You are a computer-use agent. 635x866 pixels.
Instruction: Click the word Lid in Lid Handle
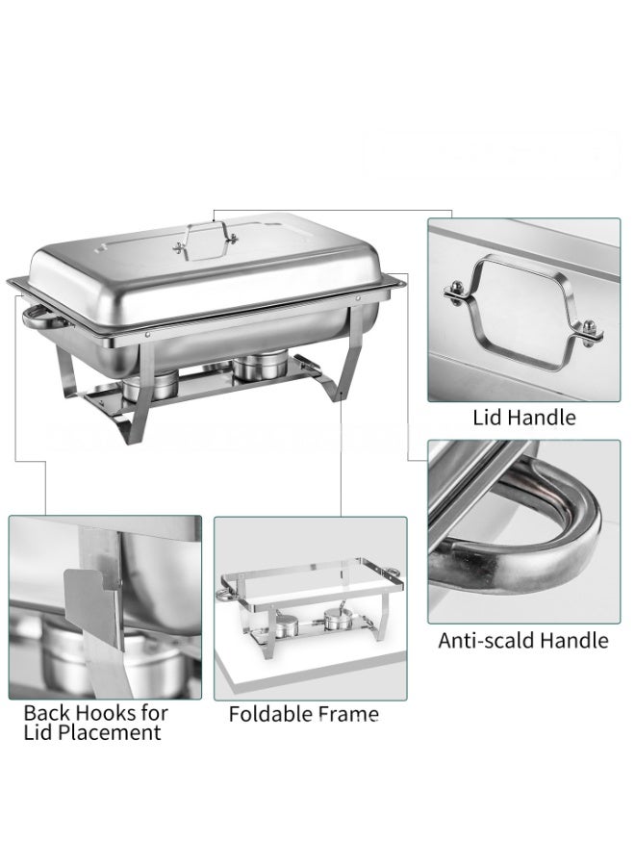click(484, 417)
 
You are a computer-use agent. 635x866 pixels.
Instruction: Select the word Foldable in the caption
click(267, 714)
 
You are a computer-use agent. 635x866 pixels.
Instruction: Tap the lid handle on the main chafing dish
click(205, 241)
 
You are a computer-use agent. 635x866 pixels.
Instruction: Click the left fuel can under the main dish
click(149, 385)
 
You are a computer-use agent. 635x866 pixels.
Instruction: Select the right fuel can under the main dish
click(260, 366)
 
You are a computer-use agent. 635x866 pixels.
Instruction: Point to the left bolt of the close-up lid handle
click(456, 291)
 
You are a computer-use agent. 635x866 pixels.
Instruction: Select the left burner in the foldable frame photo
click(286, 626)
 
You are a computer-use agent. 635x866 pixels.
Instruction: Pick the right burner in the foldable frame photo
click(335, 620)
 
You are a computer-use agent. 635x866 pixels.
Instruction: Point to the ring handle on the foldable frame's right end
click(394, 571)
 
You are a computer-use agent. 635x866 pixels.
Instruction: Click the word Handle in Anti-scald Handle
click(574, 640)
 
